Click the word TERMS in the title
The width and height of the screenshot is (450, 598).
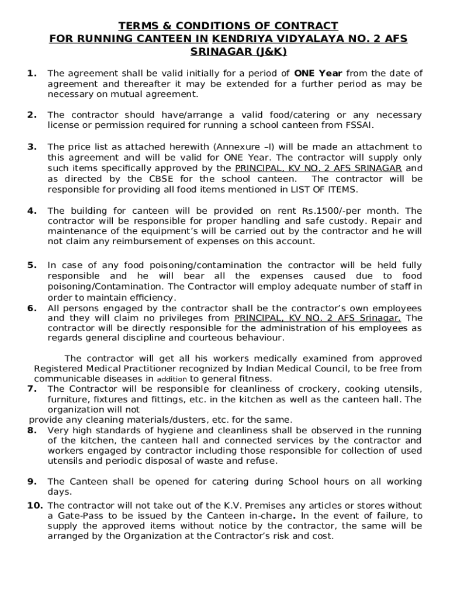pyautogui.click(x=135, y=26)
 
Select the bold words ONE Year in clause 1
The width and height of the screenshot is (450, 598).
pyautogui.click(x=318, y=73)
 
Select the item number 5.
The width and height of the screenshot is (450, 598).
pyautogui.click(x=32, y=266)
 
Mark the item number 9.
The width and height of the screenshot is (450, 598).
pyautogui.click(x=32, y=481)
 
